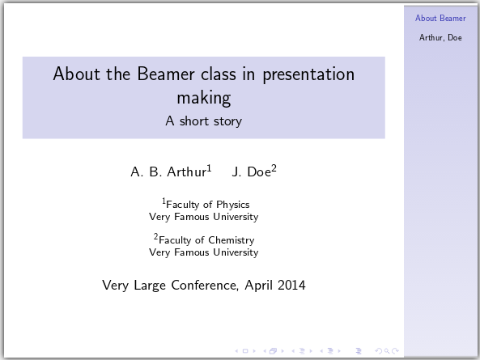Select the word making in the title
point(203,99)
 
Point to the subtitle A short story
point(203,121)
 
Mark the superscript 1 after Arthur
point(209,167)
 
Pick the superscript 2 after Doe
point(274,167)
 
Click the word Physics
point(232,205)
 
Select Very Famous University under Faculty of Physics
point(204,217)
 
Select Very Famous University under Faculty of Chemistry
point(204,252)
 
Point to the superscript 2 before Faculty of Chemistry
point(156,237)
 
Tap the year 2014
point(290,286)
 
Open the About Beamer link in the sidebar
point(441,18)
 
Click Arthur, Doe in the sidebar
point(441,37)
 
